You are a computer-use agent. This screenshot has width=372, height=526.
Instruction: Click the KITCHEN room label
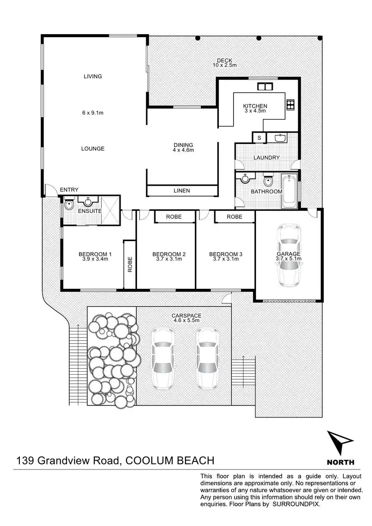pos(255,106)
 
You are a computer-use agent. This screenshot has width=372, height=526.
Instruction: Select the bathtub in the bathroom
pos(289,191)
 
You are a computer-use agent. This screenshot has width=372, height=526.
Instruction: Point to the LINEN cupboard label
pos(182,191)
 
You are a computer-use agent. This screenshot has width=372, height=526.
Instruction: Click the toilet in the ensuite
pos(69,204)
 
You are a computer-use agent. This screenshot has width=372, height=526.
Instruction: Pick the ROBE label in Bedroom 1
pos(130,264)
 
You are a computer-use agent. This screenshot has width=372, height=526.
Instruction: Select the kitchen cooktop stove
pos(291,104)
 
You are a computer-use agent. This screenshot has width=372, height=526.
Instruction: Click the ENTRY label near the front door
pos(69,190)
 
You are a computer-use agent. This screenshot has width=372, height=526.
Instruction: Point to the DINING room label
pos(183,145)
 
